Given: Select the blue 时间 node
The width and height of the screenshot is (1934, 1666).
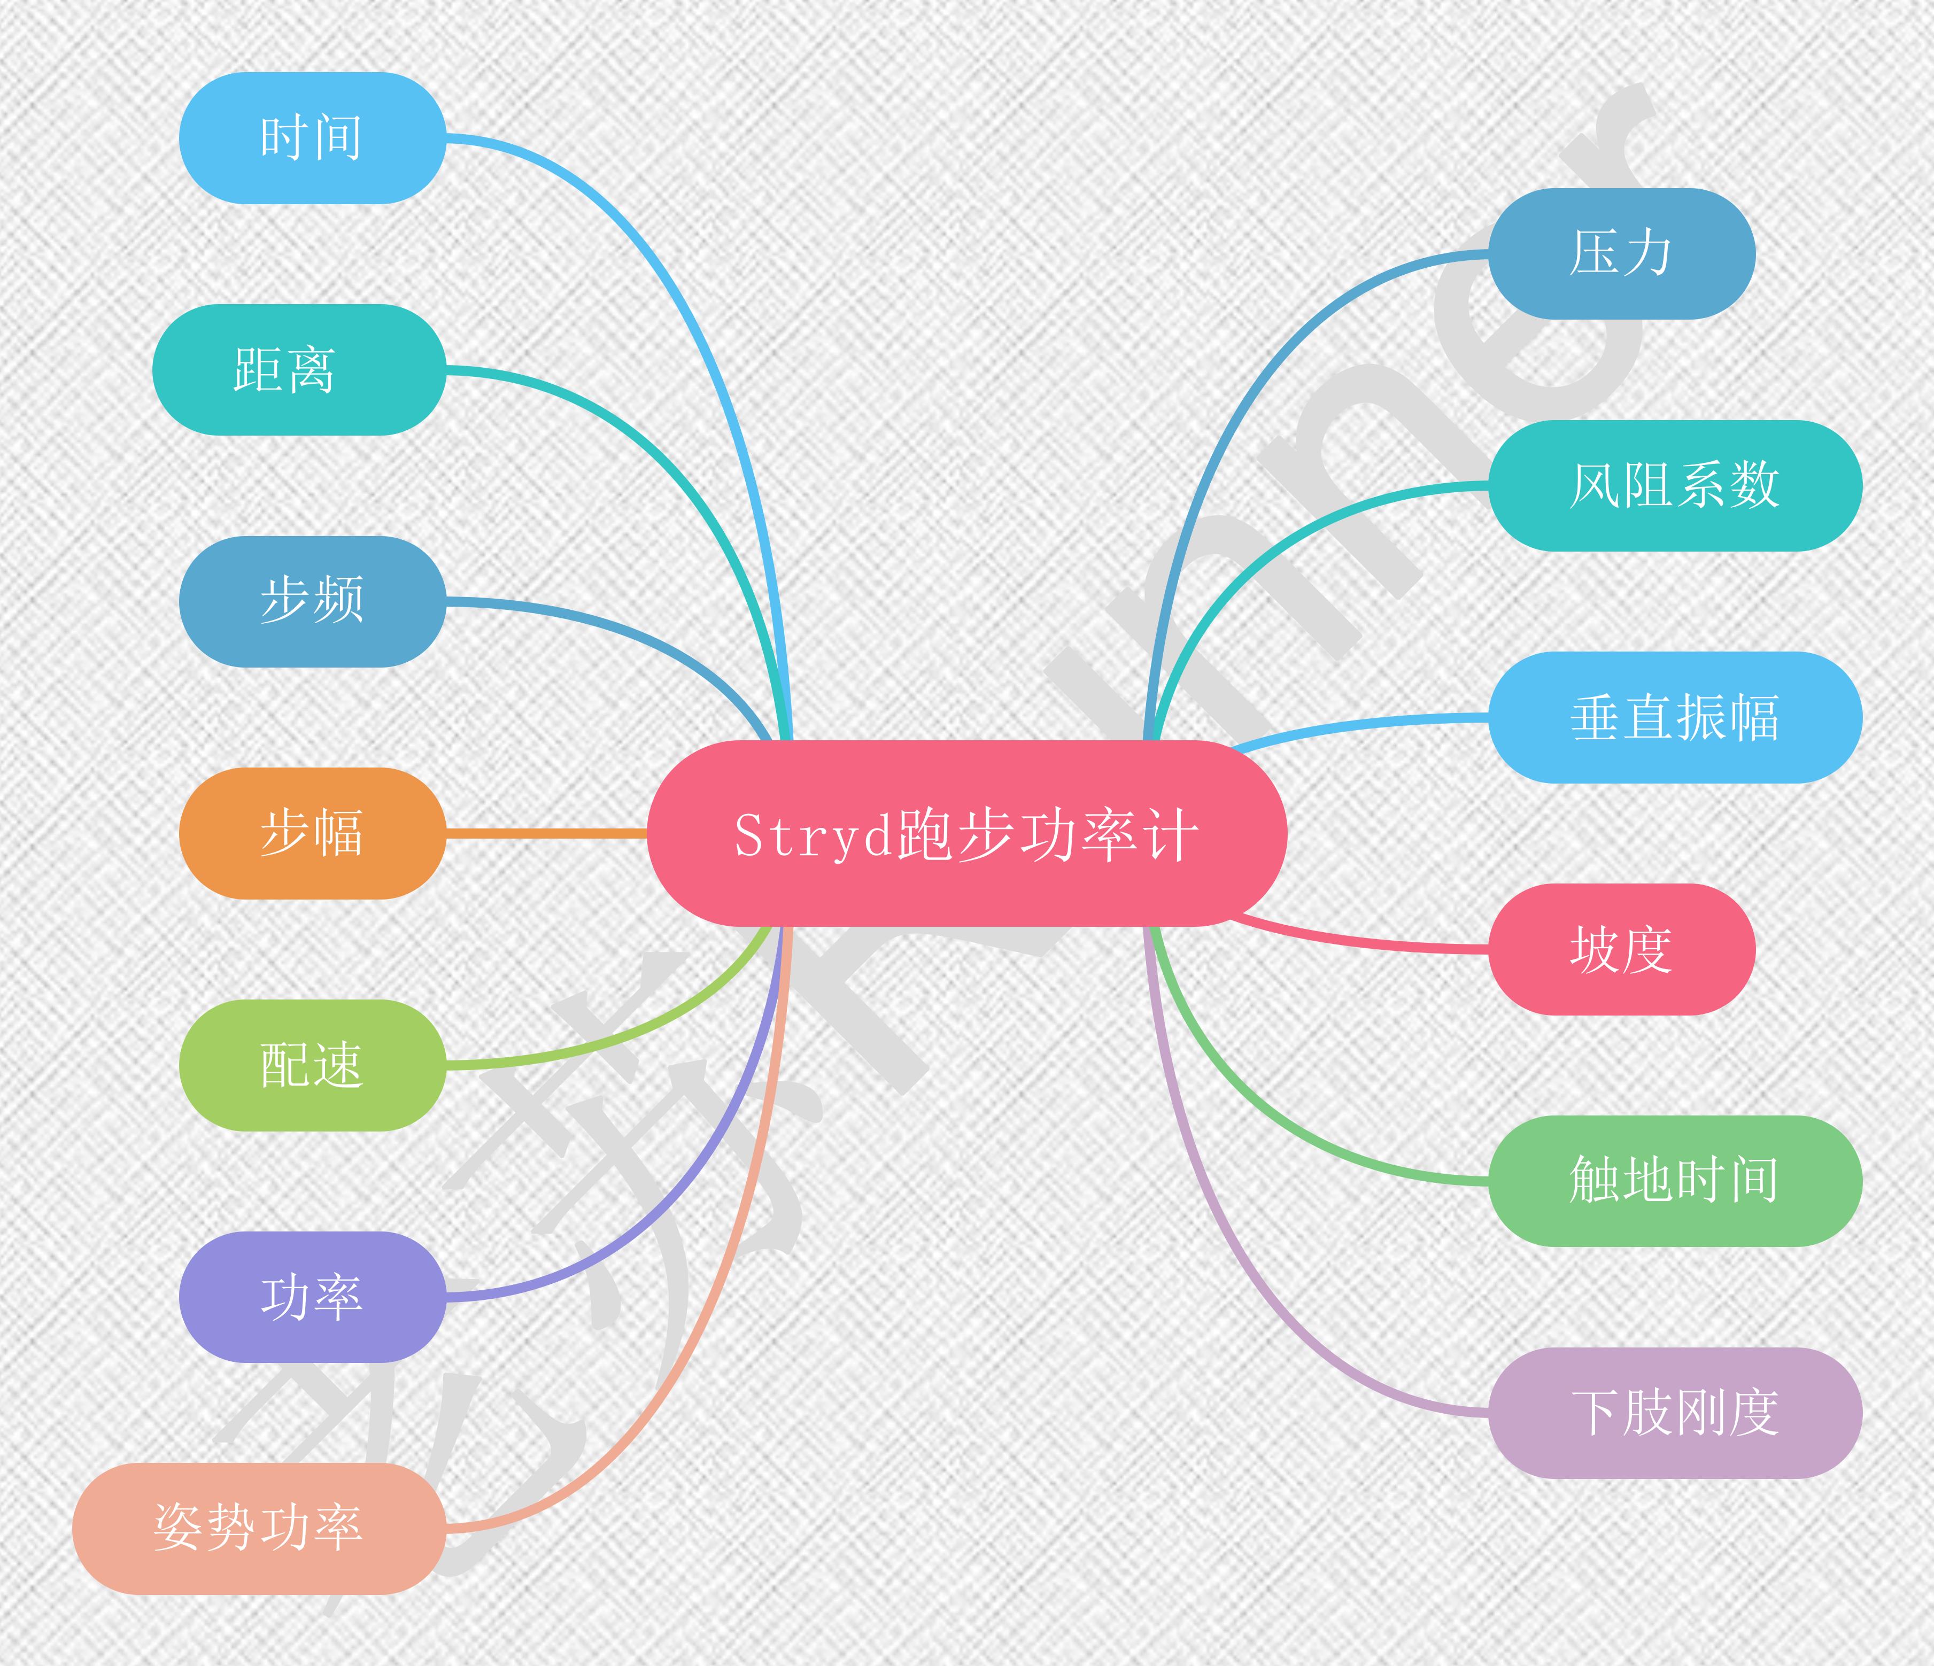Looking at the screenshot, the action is pyautogui.click(x=312, y=138).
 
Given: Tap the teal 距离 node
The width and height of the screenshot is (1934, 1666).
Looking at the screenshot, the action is pyautogui.click(x=299, y=370).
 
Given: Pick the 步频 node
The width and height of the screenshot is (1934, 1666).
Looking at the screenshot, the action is pyautogui.click(x=312, y=601).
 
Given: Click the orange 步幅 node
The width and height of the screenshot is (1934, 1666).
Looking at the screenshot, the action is pyautogui.click(x=312, y=833).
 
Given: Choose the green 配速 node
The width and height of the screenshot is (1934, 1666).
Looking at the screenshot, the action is pyautogui.click(x=312, y=1065).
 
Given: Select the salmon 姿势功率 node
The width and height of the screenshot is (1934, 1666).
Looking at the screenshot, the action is pyautogui.click(x=259, y=1528).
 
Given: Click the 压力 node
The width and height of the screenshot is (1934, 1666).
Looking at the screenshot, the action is pyautogui.click(x=1621, y=254).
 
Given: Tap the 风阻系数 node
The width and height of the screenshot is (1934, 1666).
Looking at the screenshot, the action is pyautogui.click(x=1675, y=485).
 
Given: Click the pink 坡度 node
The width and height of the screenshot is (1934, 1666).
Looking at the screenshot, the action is pyautogui.click(x=1621, y=949).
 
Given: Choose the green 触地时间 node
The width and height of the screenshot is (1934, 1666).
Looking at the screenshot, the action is pyautogui.click(x=1675, y=1181).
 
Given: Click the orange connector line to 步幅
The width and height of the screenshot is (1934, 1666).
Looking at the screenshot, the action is pyautogui.click(x=546, y=833).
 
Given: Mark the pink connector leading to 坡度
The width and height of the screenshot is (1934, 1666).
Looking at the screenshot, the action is pyautogui.click(x=1353, y=943).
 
